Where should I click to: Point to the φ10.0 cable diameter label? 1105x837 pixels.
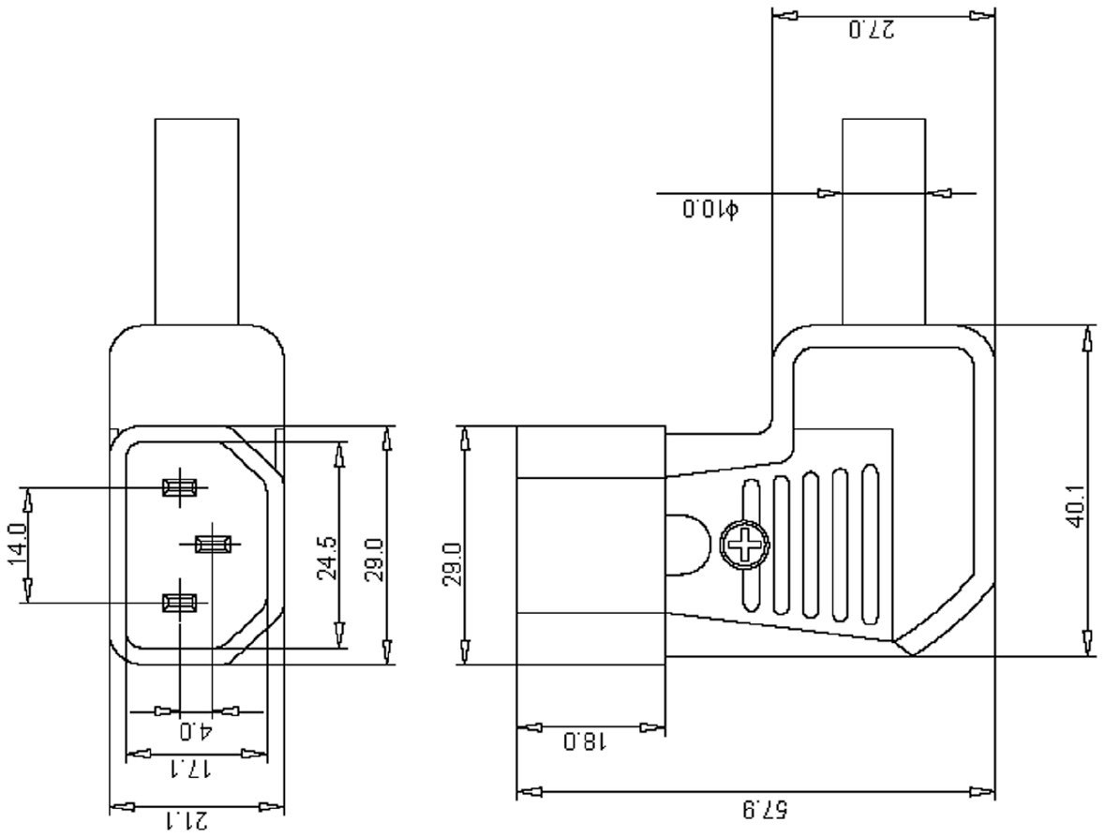pos(710,208)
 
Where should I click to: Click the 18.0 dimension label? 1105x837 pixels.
pos(585,743)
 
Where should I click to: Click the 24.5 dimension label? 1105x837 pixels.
pos(327,559)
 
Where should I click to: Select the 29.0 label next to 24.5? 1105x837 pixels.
pos(375,560)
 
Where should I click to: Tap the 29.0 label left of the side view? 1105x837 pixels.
pos(451,563)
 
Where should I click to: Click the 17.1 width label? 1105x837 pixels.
pos(191,770)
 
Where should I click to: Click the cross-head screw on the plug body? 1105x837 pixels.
pos(745,545)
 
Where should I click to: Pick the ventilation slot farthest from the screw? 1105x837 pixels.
pos(871,544)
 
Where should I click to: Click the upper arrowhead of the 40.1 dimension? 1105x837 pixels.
pos(1087,338)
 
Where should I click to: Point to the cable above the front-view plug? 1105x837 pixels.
pos(196,220)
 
